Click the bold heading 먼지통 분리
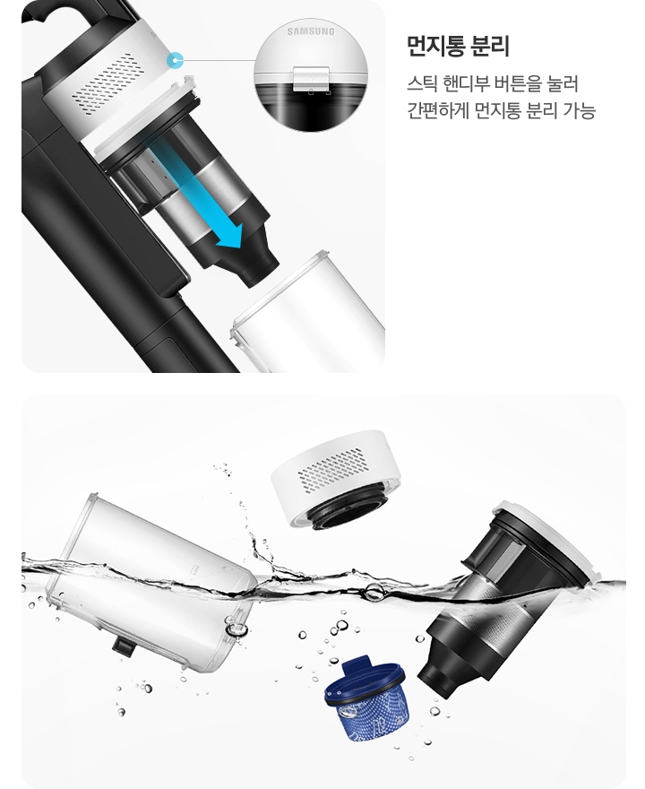458,46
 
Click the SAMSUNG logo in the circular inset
310,32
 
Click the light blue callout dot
176,61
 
